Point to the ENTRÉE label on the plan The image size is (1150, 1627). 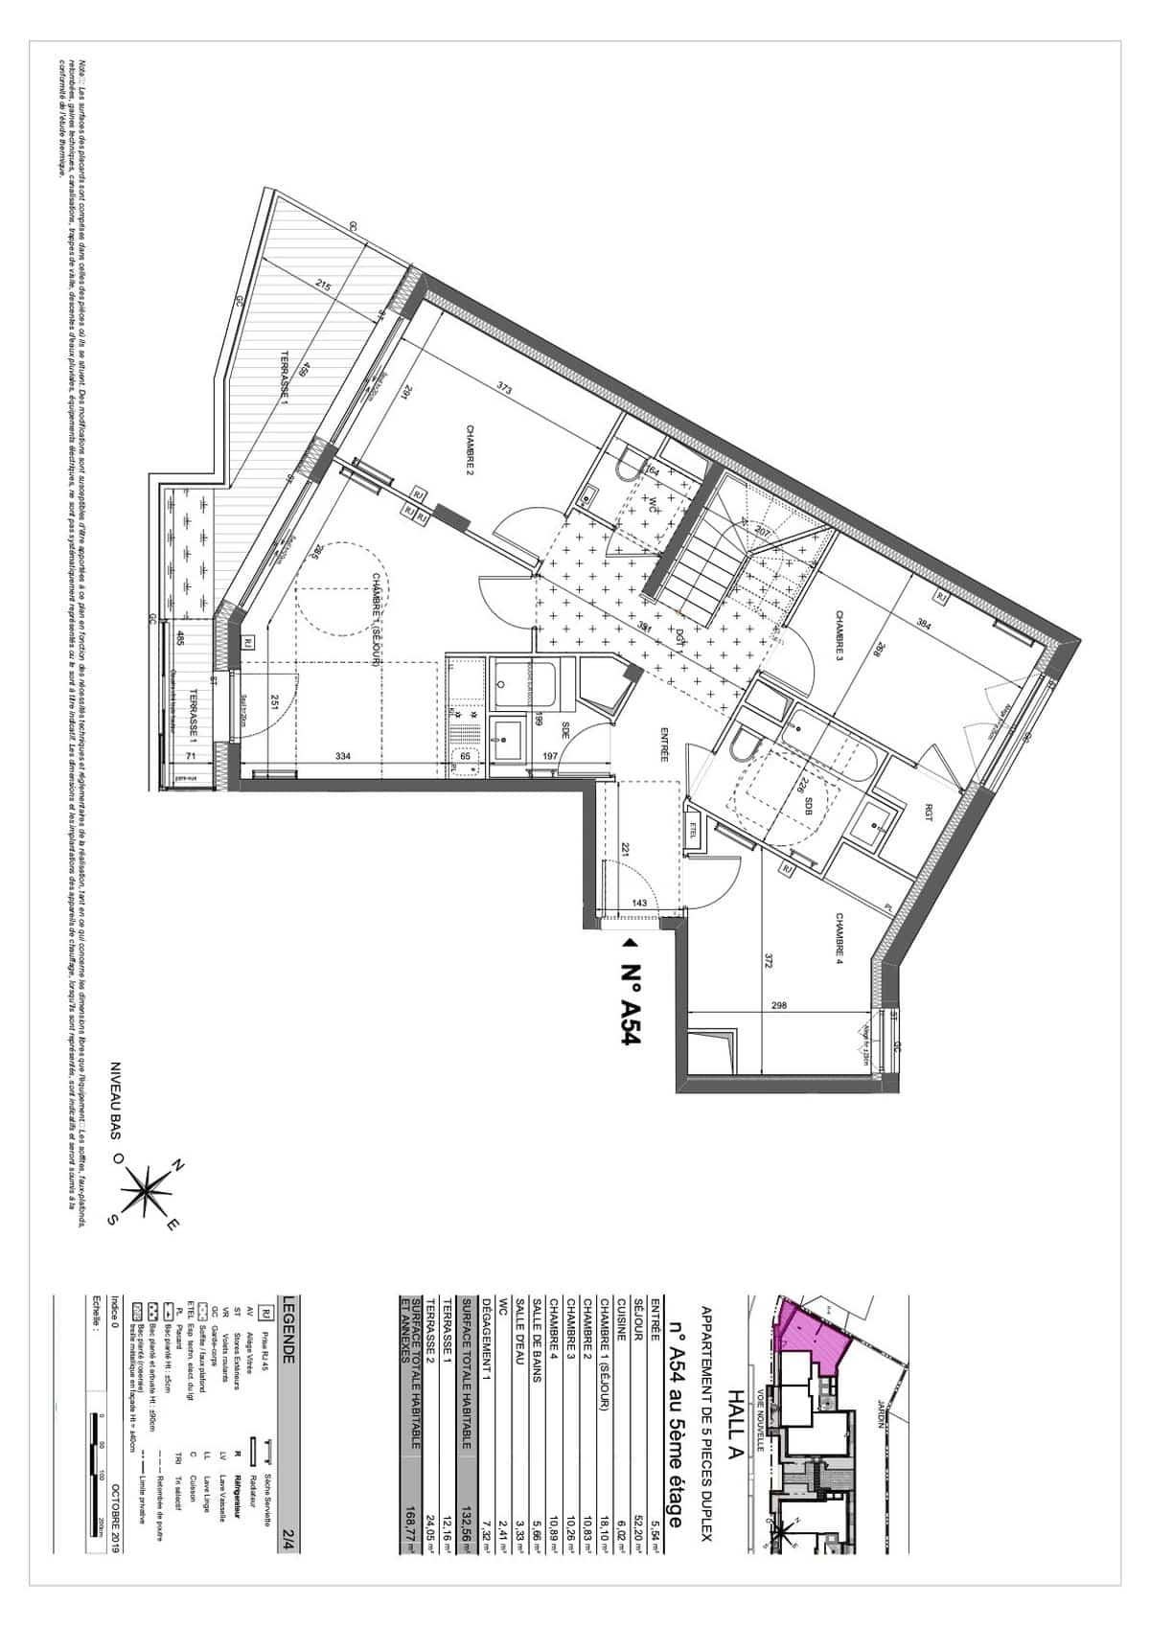[x=663, y=743]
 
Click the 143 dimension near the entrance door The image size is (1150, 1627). [x=639, y=904]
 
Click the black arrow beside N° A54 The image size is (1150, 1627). [x=630, y=943]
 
